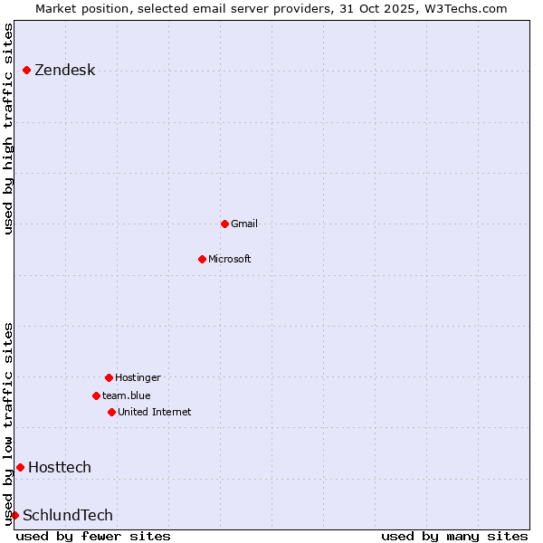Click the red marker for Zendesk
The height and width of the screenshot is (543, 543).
[27, 70]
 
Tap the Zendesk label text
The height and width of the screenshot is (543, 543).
[64, 71]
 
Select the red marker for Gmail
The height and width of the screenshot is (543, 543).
[224, 224]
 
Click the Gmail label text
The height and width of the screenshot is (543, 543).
[244, 224]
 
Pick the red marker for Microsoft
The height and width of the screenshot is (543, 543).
[202, 259]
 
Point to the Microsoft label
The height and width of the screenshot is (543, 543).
[229, 259]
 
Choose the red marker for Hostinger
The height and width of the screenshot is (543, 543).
[109, 377]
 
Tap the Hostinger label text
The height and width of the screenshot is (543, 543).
[138, 377]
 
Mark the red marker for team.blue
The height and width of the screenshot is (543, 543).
[96, 395]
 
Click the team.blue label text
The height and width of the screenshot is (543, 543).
[127, 395]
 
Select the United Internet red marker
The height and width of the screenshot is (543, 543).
[111, 412]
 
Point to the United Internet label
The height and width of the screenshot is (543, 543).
[154, 412]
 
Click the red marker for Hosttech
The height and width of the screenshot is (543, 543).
[20, 467]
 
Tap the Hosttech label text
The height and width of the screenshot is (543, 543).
[60, 468]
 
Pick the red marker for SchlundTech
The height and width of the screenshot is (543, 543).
[14, 515]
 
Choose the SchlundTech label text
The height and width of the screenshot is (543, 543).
[68, 516]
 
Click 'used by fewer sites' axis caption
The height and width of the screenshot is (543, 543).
[93, 536]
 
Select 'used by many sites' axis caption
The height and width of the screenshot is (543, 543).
[454, 536]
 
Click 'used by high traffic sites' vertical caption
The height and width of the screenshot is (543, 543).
[9, 129]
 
